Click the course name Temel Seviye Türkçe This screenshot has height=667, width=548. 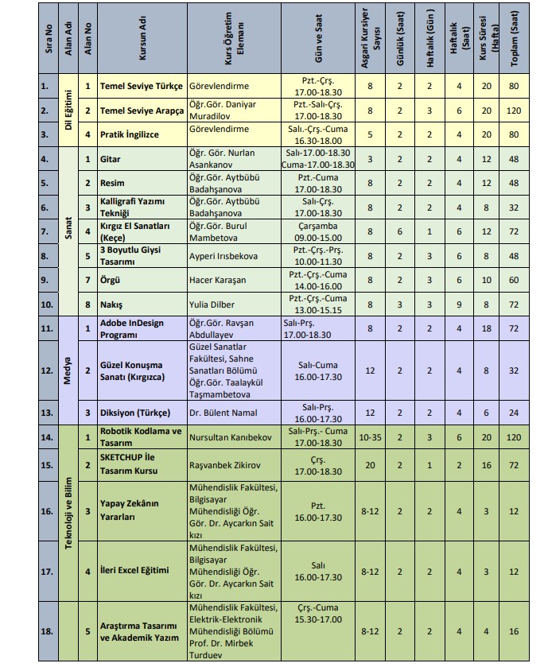[x=142, y=86]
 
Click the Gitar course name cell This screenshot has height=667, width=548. [x=111, y=159]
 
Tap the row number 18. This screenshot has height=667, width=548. [x=46, y=631]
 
